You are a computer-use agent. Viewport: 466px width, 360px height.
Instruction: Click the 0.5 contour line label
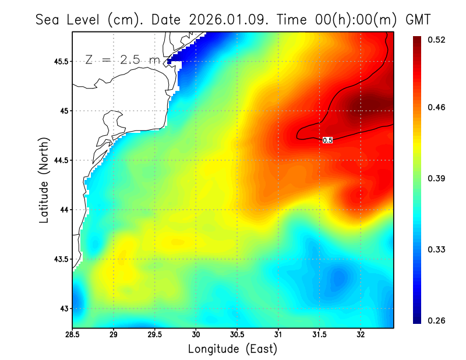(327, 140)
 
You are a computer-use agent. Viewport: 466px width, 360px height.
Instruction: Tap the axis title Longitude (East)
(232, 348)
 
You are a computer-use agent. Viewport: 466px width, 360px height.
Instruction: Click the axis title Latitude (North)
(44, 179)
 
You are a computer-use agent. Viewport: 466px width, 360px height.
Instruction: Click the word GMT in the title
(417, 19)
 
